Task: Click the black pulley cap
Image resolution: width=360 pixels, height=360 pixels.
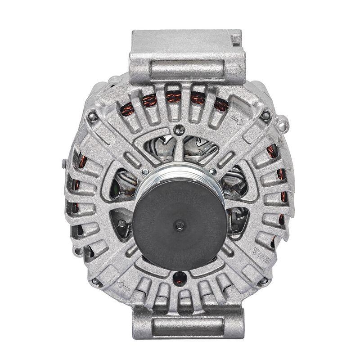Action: click(x=179, y=223)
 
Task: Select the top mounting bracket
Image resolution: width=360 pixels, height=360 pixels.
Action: click(x=187, y=56)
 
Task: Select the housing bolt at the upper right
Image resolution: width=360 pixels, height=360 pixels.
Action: click(x=265, y=116)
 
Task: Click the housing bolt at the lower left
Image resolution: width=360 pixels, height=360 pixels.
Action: click(x=95, y=282)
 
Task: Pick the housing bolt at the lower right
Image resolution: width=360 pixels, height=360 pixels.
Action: click(x=264, y=281)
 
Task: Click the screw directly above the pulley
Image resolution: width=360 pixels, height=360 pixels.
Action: click(x=179, y=131)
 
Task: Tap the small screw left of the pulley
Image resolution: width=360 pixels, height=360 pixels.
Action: click(x=145, y=172)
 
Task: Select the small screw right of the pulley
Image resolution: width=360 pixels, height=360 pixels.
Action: click(x=213, y=171)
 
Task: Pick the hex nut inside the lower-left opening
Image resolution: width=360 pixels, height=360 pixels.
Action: click(x=122, y=224)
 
